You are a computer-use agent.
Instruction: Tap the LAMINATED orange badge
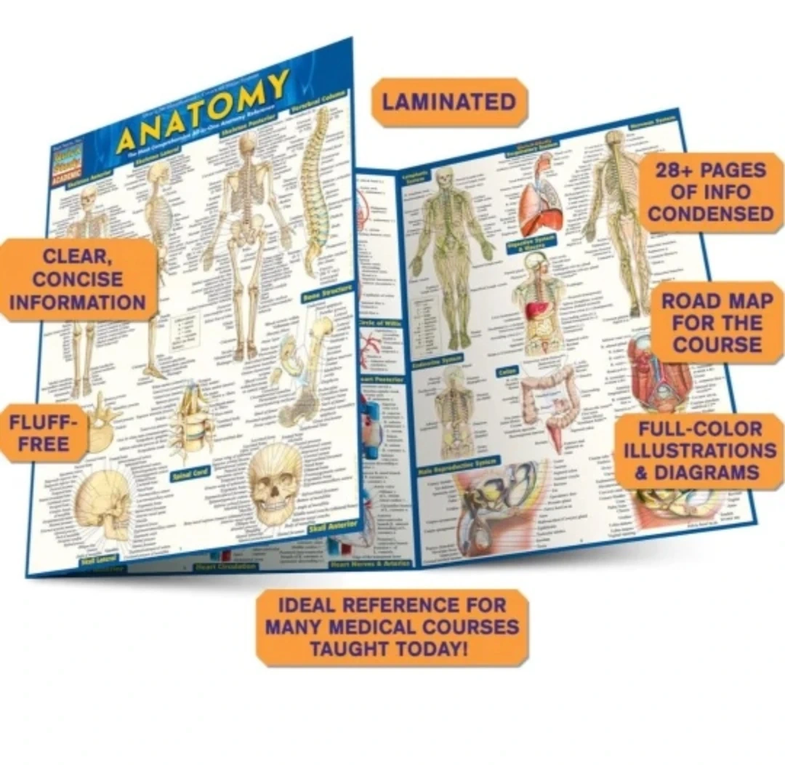449,102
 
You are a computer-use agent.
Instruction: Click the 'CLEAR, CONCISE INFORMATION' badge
78,279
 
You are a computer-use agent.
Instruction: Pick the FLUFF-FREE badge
44,433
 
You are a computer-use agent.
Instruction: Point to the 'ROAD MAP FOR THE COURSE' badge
717,323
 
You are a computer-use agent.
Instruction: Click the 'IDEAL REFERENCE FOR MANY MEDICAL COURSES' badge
392,626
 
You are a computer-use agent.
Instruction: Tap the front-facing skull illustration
275,480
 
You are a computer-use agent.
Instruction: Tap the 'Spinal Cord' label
190,473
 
